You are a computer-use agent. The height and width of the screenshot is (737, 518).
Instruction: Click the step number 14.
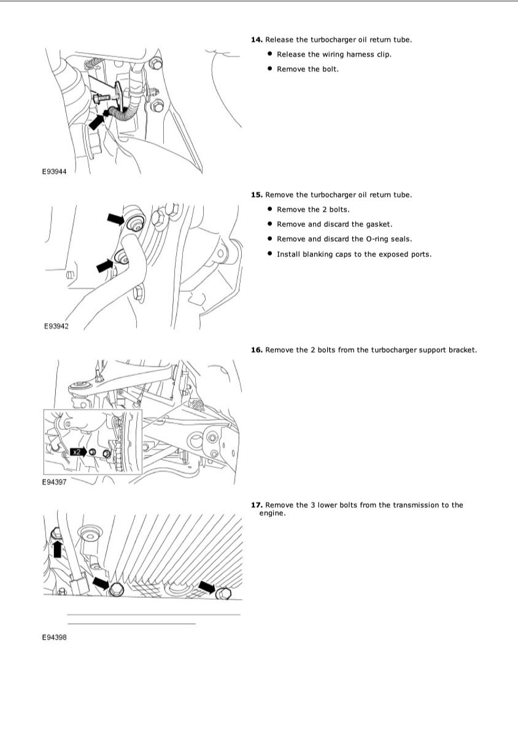pos(257,40)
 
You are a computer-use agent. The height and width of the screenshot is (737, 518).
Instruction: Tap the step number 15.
pos(257,195)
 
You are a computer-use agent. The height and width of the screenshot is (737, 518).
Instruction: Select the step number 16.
pos(257,350)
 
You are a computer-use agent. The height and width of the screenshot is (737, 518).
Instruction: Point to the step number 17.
pos(257,505)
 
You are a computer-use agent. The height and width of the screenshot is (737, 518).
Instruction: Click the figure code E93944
pos(55,172)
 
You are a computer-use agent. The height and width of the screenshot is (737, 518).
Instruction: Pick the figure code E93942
pos(56,326)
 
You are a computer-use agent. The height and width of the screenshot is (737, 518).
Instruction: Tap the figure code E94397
pos(55,482)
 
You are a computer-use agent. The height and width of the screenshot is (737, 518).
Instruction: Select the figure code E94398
pos(55,638)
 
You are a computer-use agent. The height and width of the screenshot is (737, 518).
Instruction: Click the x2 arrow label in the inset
pos(79,452)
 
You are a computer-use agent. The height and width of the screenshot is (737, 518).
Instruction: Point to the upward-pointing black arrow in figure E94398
pos(57,547)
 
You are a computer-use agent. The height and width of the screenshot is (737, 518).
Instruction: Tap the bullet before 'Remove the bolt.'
pos(270,69)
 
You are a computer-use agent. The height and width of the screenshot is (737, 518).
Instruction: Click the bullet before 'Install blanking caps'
pos(270,254)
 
